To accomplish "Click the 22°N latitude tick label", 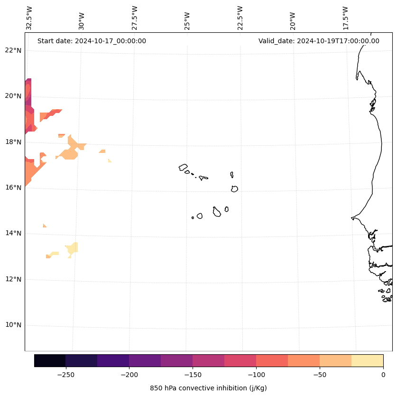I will coord(13,50).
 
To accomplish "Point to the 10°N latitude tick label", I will coord(13,325).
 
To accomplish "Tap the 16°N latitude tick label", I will coord(13,188).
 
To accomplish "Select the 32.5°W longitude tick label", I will coord(29,18).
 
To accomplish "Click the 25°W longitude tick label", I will coord(187,20).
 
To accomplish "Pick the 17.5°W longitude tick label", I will coord(345,18).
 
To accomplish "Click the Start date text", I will coord(92,41).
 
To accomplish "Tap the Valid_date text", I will coord(319,41).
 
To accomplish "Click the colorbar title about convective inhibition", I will coord(208,388).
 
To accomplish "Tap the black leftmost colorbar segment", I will coord(50,360).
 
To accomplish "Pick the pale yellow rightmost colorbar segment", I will coord(367,360).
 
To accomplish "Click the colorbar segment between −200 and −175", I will coord(145,360).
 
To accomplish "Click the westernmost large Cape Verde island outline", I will coord(183,167).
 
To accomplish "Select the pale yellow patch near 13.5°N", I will coord(73,248).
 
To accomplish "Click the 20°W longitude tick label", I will coord(293,20).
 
